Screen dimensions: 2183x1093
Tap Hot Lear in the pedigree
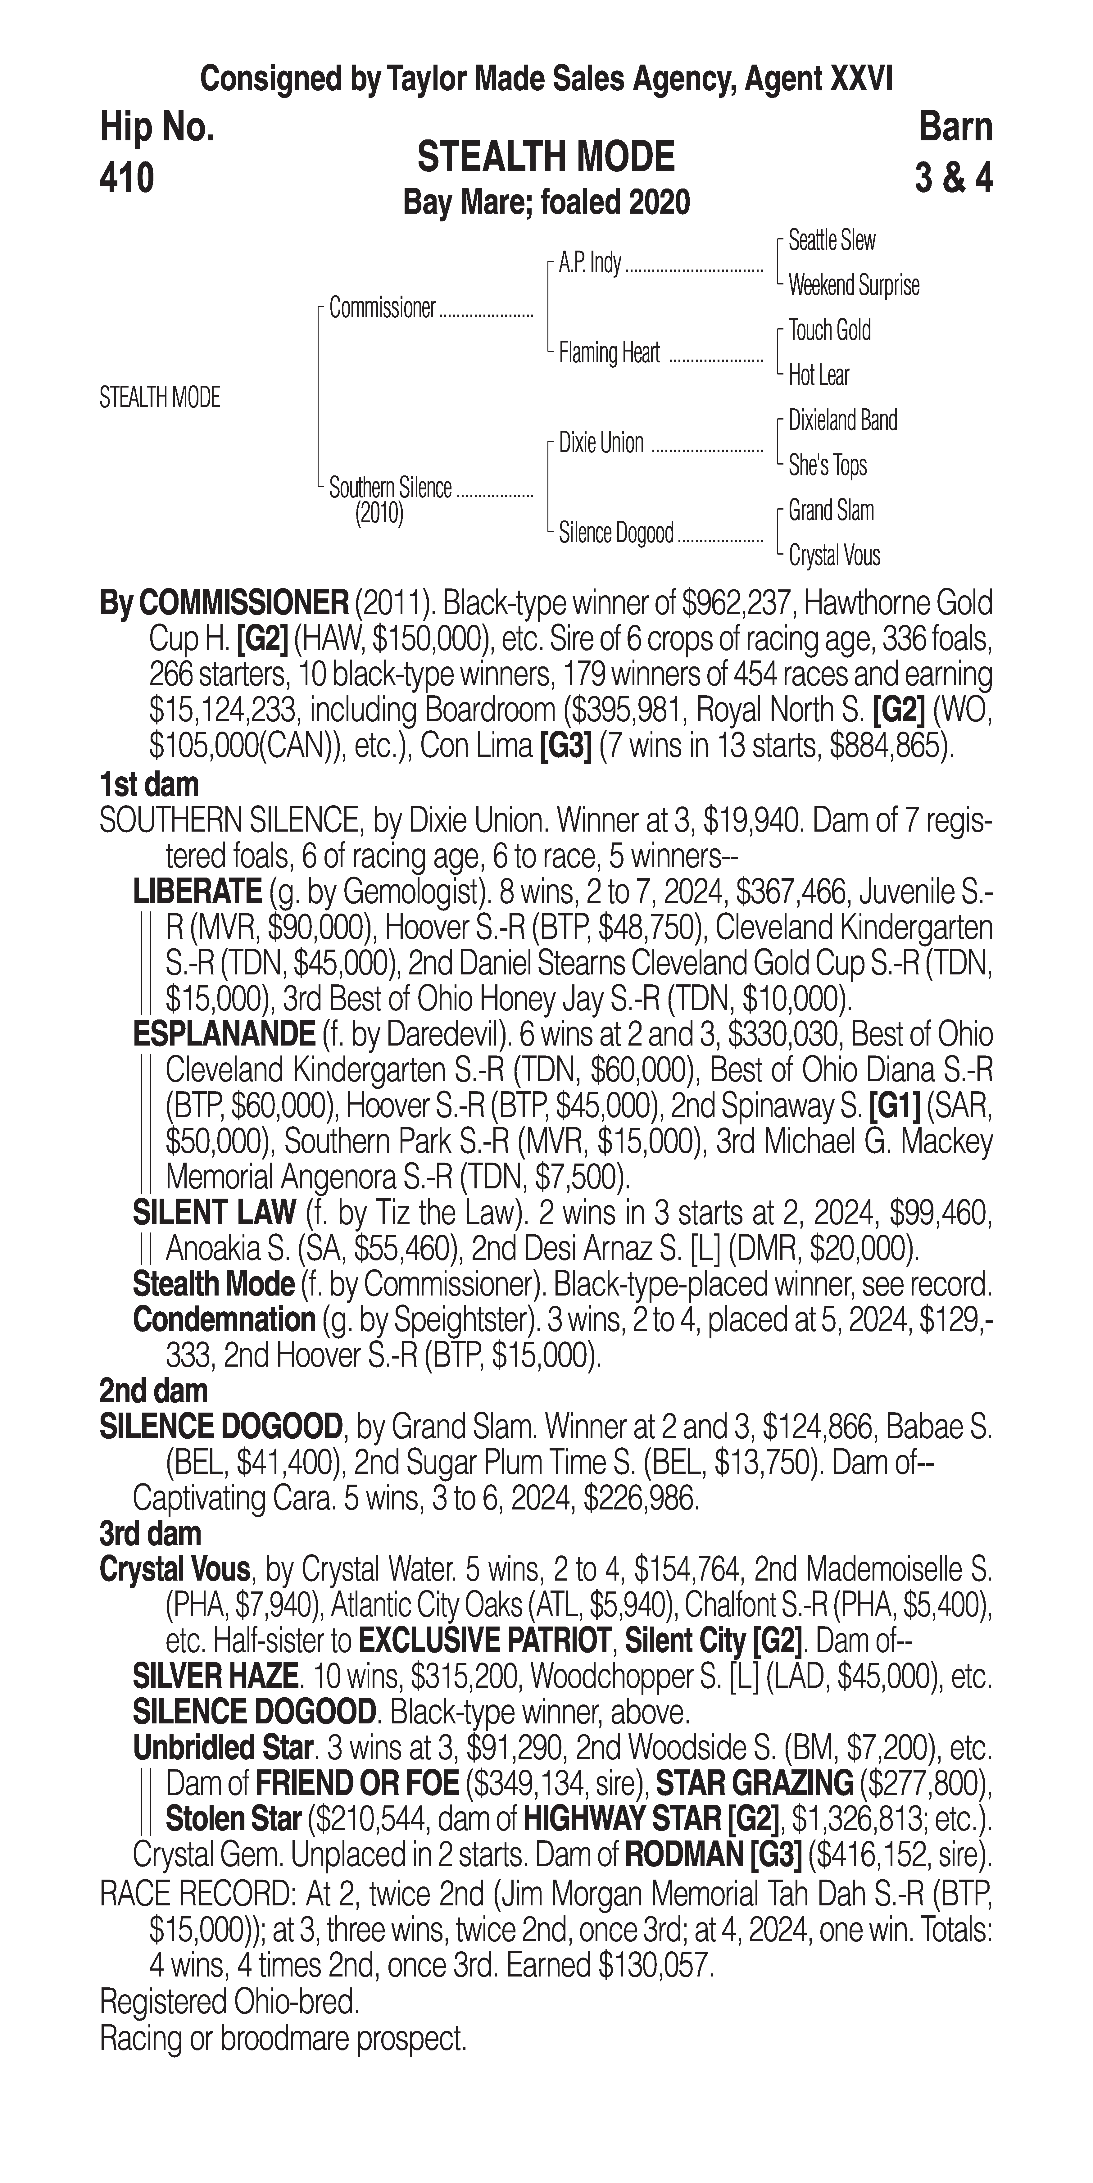pyautogui.click(x=819, y=375)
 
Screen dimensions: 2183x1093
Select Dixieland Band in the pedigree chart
pyautogui.click(x=842, y=420)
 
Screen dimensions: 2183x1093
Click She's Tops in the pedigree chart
pyautogui.click(x=828, y=465)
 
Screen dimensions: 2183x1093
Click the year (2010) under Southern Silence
pyautogui.click(x=379, y=514)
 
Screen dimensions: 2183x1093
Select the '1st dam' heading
pyautogui.click(x=149, y=784)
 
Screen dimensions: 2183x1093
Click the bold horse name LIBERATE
pyautogui.click(x=197, y=892)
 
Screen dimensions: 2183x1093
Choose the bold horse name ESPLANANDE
pyautogui.click(x=224, y=1034)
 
